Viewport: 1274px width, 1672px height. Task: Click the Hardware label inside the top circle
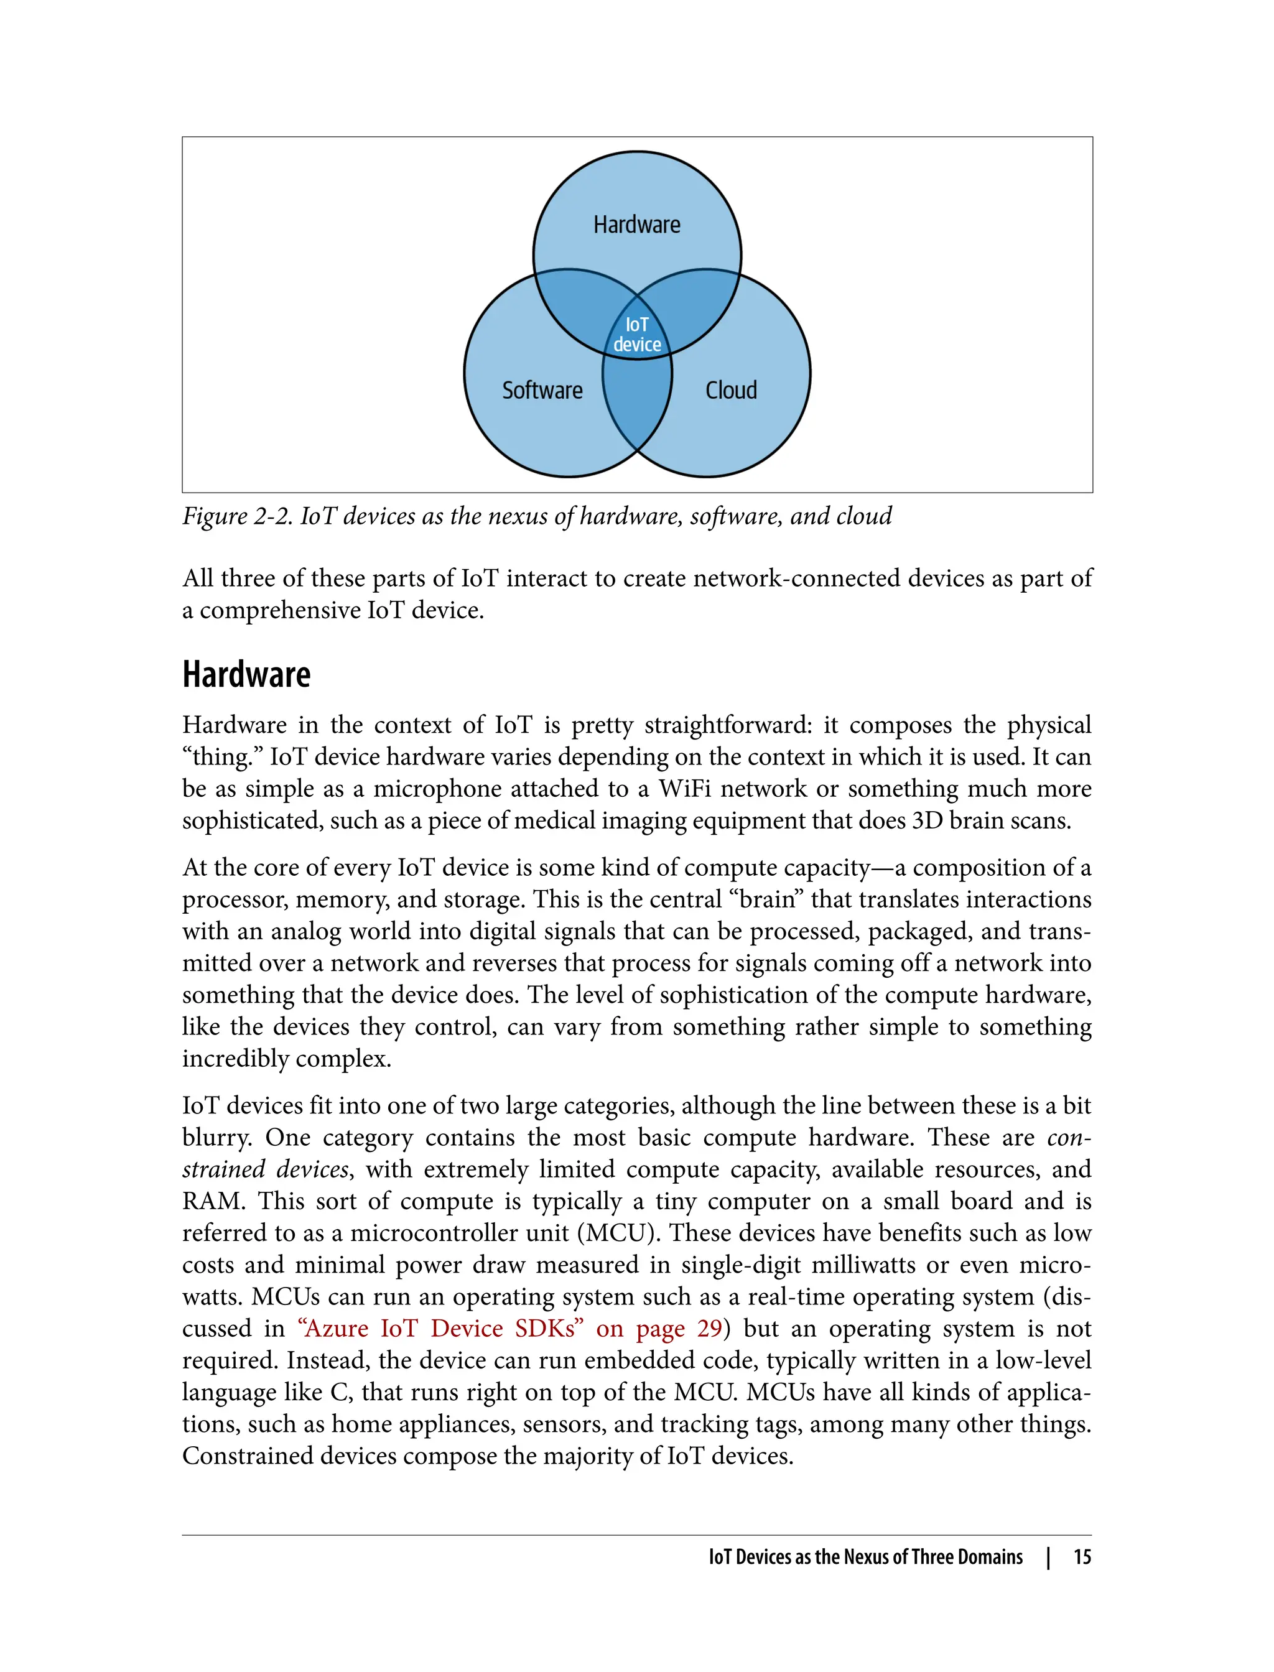(x=636, y=225)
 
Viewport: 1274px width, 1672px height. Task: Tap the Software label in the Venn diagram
(x=542, y=390)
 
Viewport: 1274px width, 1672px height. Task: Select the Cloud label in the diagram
(x=731, y=390)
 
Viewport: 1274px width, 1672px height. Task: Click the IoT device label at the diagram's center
(x=637, y=335)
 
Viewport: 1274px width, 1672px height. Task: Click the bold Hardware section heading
(x=246, y=675)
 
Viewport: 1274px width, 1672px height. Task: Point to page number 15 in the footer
(x=1082, y=1557)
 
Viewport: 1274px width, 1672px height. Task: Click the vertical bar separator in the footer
(x=1048, y=1558)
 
